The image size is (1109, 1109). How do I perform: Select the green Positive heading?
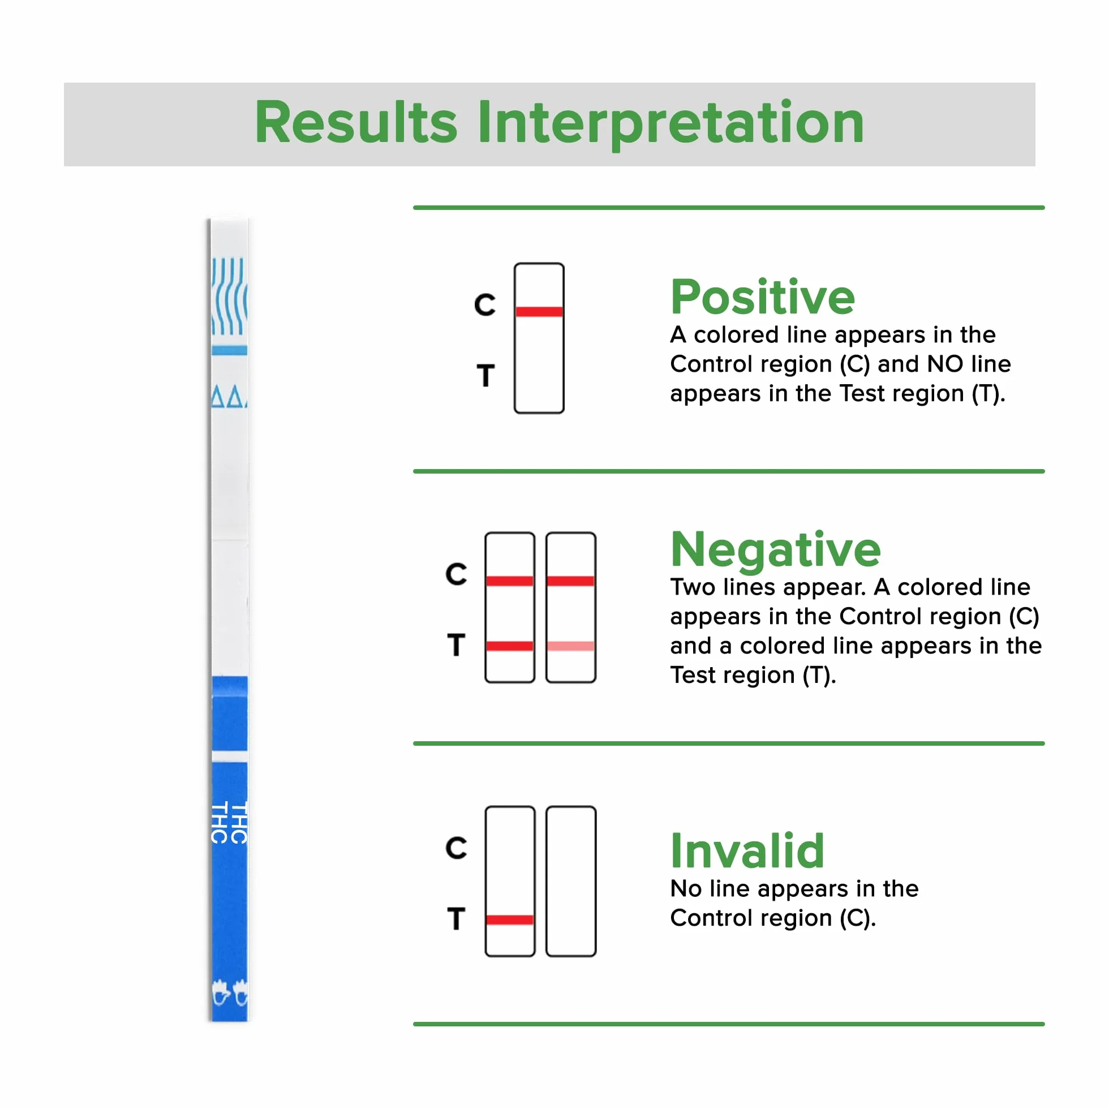point(763,298)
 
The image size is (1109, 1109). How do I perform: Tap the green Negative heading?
point(776,549)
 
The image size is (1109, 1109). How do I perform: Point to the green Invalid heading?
point(747,850)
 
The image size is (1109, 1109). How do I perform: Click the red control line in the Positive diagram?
point(539,312)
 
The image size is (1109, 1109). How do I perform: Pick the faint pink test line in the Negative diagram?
point(570,646)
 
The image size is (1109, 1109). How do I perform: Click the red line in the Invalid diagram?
point(510,919)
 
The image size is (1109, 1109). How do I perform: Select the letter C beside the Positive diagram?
point(485,305)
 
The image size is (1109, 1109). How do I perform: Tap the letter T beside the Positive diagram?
point(485,375)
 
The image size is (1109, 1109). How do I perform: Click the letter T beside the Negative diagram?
point(457,644)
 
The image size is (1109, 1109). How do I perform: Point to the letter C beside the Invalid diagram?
point(457,848)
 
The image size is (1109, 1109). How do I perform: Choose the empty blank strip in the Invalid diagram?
point(571,881)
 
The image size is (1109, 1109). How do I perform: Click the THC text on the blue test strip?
point(230,823)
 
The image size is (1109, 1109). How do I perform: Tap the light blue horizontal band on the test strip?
point(230,350)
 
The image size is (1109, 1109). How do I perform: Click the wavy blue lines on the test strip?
point(230,296)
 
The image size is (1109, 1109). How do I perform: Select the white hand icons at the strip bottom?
point(230,992)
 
